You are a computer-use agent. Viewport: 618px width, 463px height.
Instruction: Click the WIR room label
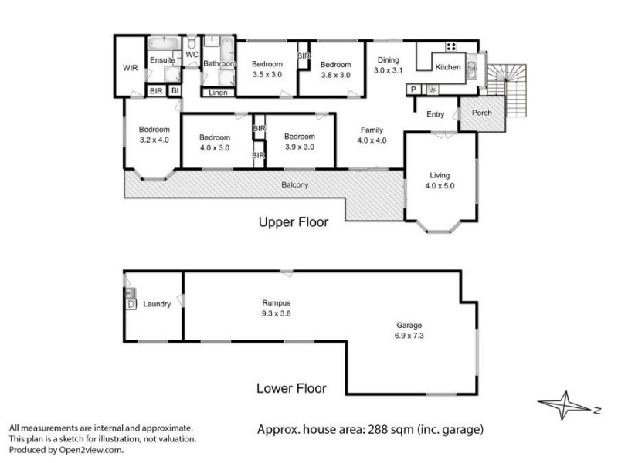pos(130,68)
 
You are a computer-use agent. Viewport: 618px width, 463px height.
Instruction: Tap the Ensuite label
pos(162,60)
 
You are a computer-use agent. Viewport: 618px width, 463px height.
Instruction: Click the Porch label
pos(481,113)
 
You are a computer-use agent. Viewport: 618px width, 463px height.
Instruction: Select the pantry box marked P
pos(414,90)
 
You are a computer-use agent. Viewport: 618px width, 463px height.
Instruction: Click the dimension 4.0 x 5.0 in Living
pos(439,185)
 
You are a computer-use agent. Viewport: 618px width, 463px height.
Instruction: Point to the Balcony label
pos(295,184)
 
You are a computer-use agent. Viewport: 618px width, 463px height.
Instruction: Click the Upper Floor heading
pos(293,222)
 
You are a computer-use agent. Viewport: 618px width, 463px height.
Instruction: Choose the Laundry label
pos(157,305)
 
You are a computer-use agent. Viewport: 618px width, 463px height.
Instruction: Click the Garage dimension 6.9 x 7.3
pos(409,336)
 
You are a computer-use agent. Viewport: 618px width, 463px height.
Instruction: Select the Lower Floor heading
pos(291,388)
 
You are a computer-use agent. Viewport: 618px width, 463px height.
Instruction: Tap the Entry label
pos(435,114)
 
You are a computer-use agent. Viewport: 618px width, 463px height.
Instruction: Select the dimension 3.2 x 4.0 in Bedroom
pos(154,140)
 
